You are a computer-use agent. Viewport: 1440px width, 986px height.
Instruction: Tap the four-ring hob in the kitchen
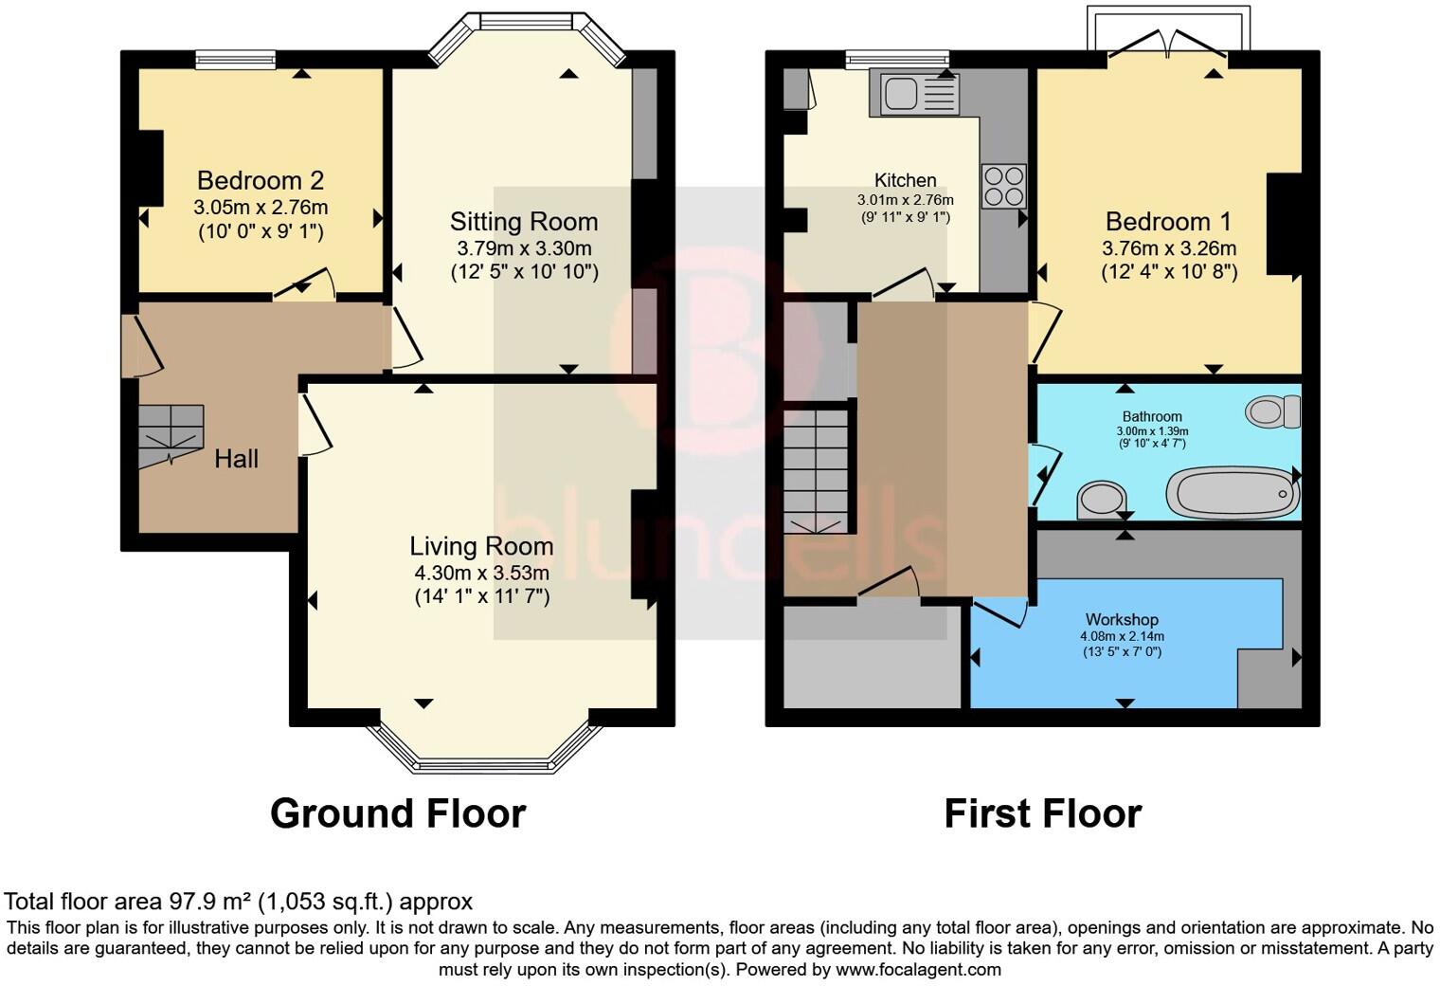tap(1003, 187)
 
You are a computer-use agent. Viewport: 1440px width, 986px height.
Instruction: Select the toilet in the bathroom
tap(1273, 411)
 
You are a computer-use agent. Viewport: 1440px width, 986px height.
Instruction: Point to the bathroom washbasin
tap(1101, 500)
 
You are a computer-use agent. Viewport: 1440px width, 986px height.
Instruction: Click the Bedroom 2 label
tap(261, 181)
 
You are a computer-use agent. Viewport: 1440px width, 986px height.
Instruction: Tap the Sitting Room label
tap(524, 222)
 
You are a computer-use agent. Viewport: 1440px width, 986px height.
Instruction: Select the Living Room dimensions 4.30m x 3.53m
tap(482, 573)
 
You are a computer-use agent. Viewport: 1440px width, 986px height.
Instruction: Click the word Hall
tap(237, 459)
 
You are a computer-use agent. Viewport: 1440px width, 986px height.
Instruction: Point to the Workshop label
tap(1122, 619)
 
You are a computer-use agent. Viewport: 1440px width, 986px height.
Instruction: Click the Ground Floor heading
tap(398, 813)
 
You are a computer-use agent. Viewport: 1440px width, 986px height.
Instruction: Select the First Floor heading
tap(1043, 813)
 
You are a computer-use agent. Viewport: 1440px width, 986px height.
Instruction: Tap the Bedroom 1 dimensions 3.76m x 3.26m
tap(1169, 248)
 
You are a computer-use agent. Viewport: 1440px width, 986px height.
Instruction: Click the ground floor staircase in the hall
tap(171, 435)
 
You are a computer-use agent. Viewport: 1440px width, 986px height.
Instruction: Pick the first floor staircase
tap(815, 471)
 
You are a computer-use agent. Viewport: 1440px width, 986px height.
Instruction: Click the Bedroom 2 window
tap(236, 60)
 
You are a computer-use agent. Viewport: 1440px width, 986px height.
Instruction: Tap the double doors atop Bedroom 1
tap(1168, 44)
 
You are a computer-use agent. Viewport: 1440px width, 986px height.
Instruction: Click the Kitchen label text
tap(905, 180)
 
